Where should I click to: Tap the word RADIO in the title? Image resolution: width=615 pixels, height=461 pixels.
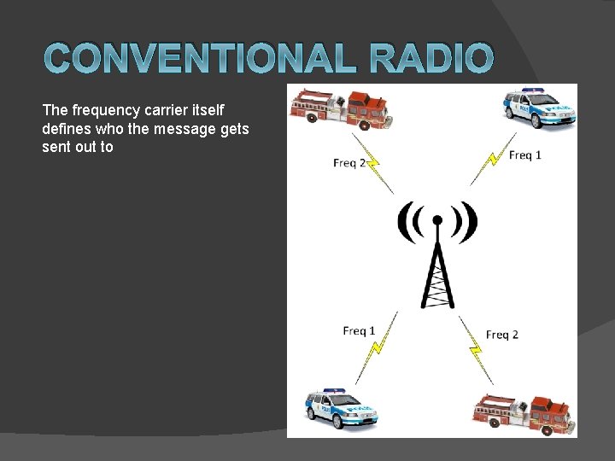431,58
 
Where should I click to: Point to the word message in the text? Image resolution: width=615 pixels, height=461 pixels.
184,129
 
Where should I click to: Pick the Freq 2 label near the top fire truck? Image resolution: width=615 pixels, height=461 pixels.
349,163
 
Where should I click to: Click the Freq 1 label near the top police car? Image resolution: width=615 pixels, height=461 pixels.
524,155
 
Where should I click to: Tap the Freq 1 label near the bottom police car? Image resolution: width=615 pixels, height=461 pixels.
359,331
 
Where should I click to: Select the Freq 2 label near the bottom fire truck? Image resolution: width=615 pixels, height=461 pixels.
502,335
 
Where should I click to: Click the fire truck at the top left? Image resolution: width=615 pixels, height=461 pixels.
341,109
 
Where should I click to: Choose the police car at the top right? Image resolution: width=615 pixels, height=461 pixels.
539,108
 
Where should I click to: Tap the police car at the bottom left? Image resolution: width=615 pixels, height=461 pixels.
341,408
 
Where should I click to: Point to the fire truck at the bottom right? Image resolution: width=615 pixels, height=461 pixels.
524,415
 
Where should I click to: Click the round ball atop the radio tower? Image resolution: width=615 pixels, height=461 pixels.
437,220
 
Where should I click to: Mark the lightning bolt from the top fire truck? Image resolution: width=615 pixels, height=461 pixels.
372,163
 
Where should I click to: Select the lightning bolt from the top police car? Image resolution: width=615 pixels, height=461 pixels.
493,159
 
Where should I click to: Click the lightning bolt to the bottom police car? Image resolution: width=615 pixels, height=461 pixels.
377,347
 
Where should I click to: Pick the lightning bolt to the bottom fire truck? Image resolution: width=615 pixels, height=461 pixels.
476,350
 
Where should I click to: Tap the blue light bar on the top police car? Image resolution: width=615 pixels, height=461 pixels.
533,90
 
